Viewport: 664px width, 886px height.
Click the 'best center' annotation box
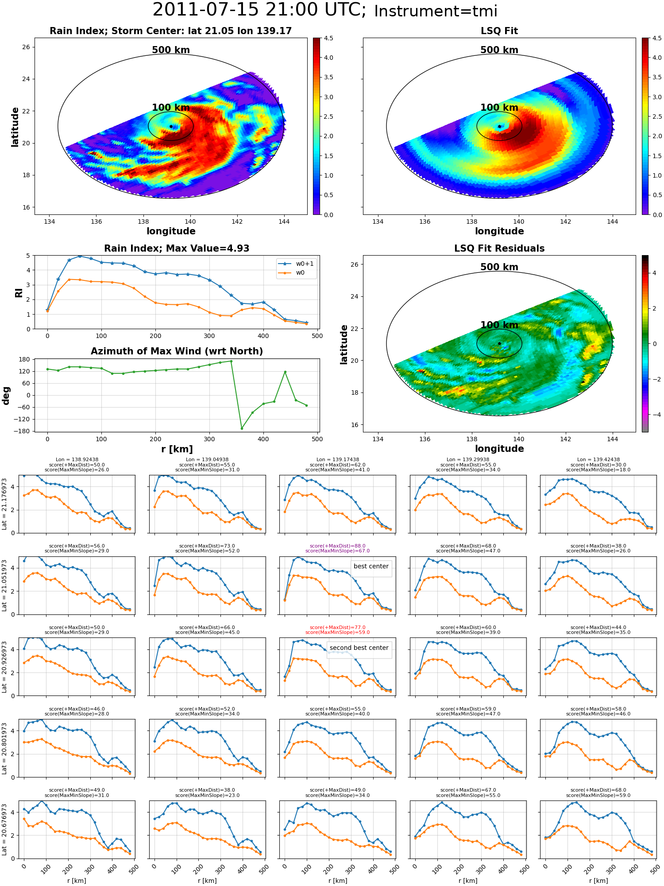click(x=371, y=567)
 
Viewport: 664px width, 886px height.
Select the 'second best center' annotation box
click(x=359, y=648)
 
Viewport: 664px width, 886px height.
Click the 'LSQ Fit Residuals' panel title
click(x=499, y=249)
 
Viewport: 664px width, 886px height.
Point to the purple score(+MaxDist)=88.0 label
click(x=338, y=546)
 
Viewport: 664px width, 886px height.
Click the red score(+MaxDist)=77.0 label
click(x=338, y=628)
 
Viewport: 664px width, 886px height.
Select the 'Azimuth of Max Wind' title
click(x=177, y=351)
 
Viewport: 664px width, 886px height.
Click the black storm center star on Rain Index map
click(x=171, y=127)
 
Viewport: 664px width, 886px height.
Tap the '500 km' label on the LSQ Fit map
click(x=499, y=50)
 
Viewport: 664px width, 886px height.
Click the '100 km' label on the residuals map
click(x=499, y=325)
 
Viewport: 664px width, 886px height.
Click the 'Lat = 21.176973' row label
click(x=4, y=504)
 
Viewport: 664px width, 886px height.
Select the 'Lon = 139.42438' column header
click(x=598, y=460)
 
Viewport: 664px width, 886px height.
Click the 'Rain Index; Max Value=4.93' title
click(x=177, y=249)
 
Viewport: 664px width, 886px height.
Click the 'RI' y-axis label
click(x=19, y=292)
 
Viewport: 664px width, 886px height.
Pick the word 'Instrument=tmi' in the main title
click(x=436, y=11)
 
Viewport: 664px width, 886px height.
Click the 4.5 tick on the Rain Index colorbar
click(x=328, y=38)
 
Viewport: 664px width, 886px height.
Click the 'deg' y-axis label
click(x=6, y=396)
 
